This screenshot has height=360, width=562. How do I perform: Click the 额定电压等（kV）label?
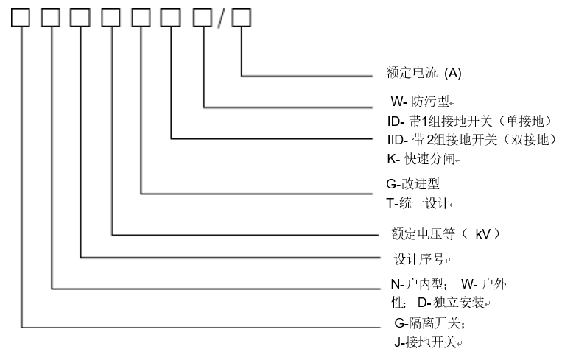[446, 234]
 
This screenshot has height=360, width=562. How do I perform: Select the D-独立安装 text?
[453, 302]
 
